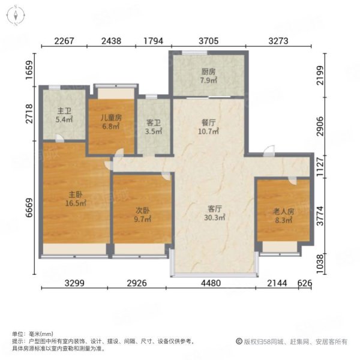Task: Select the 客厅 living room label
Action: (x=215, y=209)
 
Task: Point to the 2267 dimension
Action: (x=65, y=41)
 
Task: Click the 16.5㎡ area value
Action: (x=76, y=203)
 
